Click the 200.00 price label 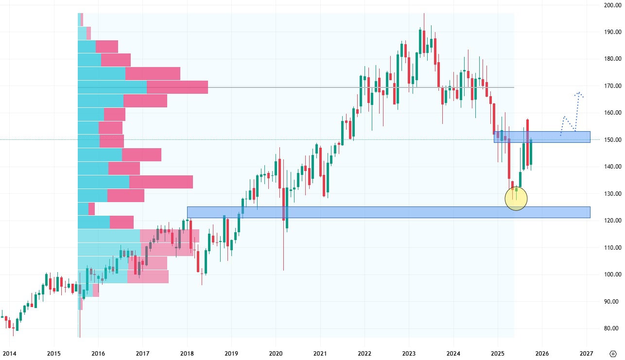point(609,5)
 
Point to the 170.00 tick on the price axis point(609,86)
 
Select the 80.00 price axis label point(609,328)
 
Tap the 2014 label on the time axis point(10,353)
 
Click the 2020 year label point(276,353)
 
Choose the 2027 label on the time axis point(586,353)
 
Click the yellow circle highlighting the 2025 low point(516,198)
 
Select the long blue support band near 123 point(389,212)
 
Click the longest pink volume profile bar point(177,87)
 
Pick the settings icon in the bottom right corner point(613,353)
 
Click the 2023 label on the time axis point(409,353)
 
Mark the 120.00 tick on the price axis point(609,221)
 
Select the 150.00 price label point(609,140)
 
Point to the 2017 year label point(142,353)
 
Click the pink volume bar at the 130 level point(125,195)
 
